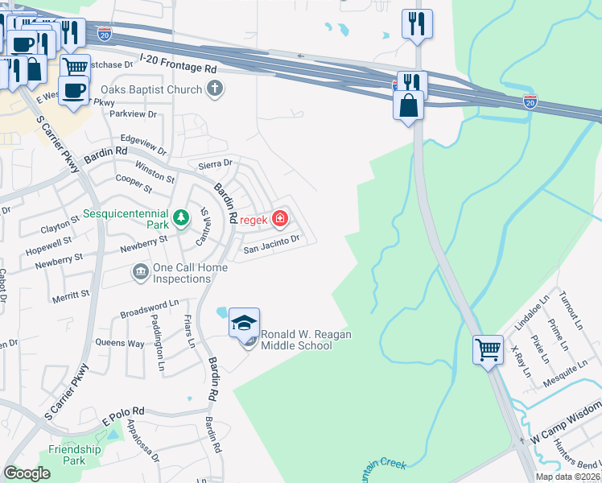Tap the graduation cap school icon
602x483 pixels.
[244, 323]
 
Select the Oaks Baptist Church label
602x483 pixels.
[150, 89]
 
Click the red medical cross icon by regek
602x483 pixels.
[279, 218]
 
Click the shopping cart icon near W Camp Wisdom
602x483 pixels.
[488, 349]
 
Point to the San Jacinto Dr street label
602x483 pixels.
[271, 241]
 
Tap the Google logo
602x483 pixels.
[27, 473]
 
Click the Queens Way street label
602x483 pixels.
[120, 343]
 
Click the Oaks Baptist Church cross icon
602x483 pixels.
[214, 89]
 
